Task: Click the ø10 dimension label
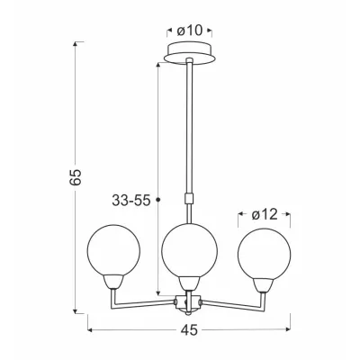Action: (x=190, y=31)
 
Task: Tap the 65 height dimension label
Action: (x=76, y=177)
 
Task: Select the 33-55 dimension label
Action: (x=130, y=200)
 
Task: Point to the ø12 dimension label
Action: (x=265, y=214)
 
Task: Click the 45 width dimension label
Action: (x=190, y=330)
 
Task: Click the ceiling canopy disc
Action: (x=190, y=53)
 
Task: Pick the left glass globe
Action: (x=113, y=250)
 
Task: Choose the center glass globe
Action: (x=189, y=250)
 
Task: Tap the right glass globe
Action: (x=265, y=254)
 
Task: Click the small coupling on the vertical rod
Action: (x=189, y=199)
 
